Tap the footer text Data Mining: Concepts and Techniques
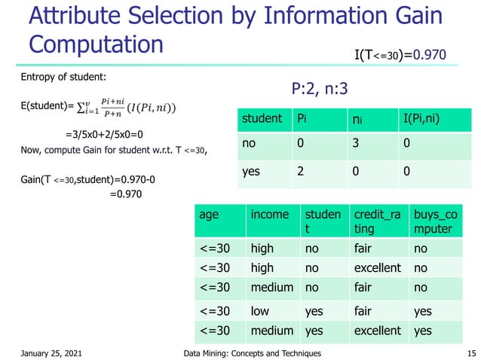253,353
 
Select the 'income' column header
269,215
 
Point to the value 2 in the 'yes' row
302,171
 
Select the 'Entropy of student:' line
64,78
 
